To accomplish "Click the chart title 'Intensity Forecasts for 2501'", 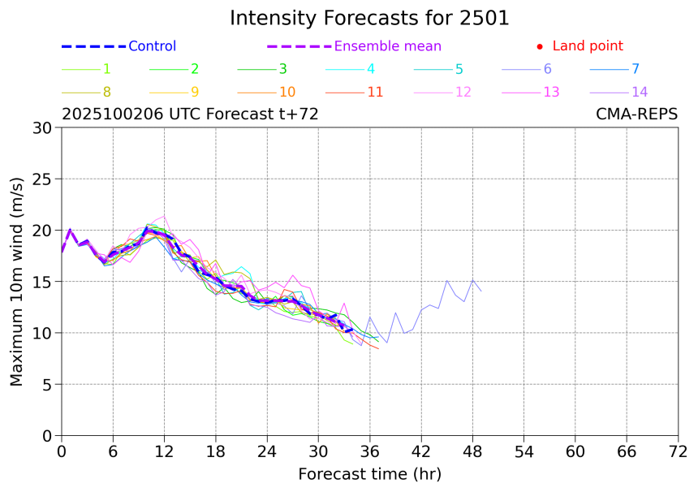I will point(369,19).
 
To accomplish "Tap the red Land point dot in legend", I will point(539,47).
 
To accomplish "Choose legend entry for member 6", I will point(547,70).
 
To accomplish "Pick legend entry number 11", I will point(374,93).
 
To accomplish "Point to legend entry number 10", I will point(287,93).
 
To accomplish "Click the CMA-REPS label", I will point(636,115).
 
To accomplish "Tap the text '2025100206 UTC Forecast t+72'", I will point(190,115).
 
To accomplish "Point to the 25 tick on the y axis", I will point(45,179).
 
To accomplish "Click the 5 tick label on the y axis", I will point(50,385).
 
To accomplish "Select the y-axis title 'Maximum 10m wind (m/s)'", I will point(17,282).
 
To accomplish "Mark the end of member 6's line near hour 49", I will point(481,291).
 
